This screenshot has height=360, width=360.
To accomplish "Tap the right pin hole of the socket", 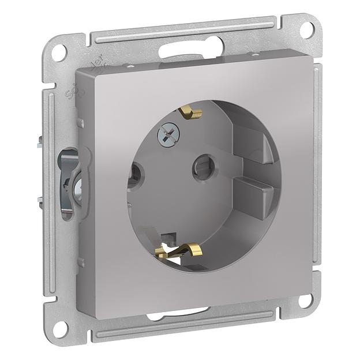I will pos(204,167).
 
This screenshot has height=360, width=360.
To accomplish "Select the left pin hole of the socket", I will pos(136,172).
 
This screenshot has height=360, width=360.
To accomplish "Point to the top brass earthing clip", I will pos(190,111).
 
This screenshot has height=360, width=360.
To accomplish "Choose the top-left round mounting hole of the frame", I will pos(58,52).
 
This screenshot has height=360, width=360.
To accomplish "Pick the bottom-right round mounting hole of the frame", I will pos(306,300).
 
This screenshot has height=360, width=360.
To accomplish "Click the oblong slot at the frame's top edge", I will pos(190,48).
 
